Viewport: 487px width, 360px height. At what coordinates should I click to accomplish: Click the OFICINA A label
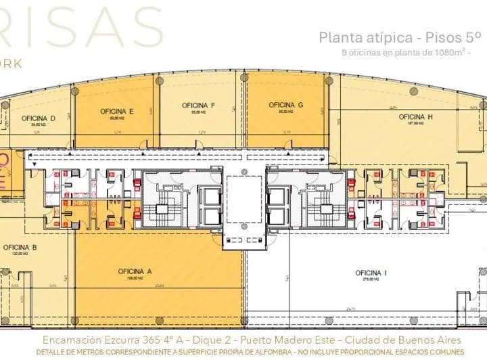point(134,271)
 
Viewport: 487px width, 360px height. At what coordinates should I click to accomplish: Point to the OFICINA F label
point(198,105)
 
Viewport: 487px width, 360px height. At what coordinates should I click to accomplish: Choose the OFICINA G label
point(285,105)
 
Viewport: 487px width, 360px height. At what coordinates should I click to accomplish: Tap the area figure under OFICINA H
point(415,123)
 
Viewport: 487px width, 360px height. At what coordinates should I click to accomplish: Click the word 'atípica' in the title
point(383,38)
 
